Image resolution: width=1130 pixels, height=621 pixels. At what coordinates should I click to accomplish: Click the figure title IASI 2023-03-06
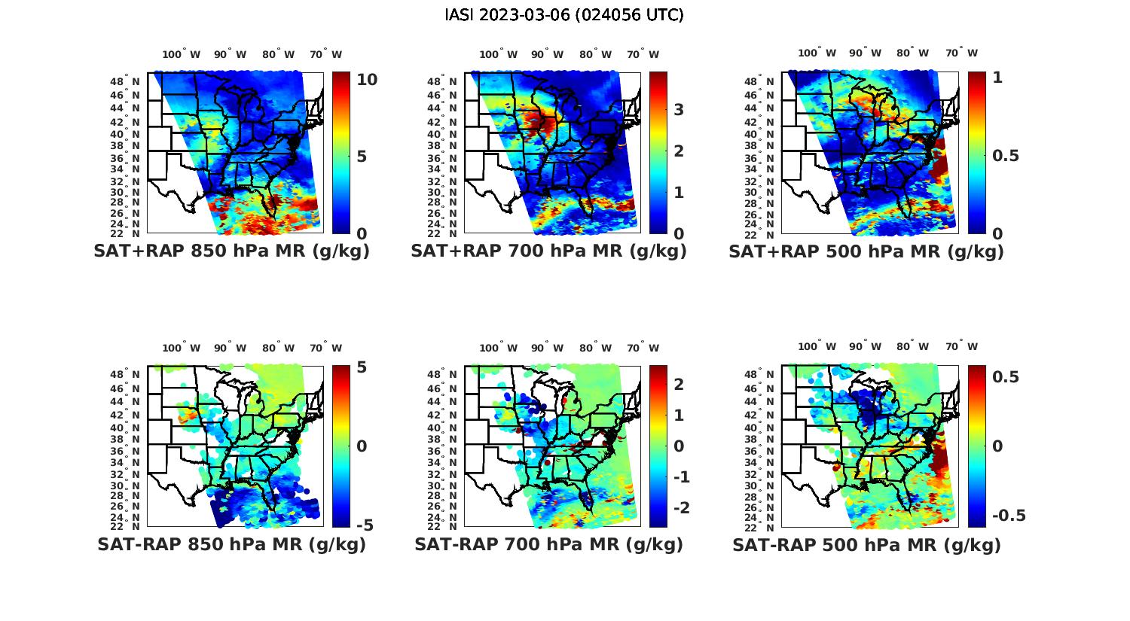(x=564, y=15)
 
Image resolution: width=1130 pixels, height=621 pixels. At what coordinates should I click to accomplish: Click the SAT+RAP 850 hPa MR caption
(x=231, y=251)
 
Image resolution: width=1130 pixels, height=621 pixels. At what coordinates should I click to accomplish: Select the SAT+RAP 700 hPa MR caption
(x=548, y=251)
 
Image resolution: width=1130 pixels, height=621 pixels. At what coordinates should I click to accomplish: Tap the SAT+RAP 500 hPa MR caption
(x=866, y=251)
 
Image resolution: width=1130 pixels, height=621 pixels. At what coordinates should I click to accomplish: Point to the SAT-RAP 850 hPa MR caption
(x=231, y=544)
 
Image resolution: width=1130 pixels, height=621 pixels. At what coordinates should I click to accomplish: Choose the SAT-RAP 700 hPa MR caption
(x=548, y=544)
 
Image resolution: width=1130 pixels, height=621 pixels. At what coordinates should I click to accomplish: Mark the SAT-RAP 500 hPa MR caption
(x=866, y=544)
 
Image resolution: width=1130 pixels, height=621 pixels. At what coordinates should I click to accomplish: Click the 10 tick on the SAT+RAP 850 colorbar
(x=367, y=80)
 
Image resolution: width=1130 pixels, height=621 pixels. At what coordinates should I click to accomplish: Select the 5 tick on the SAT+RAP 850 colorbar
(x=362, y=157)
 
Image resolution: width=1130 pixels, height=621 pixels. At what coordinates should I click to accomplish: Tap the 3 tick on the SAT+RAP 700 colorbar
(x=678, y=110)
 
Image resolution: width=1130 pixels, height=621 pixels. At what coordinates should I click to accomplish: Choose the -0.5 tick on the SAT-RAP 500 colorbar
(x=1009, y=516)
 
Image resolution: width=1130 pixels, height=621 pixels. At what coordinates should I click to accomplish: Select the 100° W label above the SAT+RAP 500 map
(x=817, y=53)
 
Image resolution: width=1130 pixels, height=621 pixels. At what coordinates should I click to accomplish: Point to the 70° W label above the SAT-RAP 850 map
(x=325, y=348)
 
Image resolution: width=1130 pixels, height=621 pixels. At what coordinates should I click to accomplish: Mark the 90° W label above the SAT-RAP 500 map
(x=866, y=347)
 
